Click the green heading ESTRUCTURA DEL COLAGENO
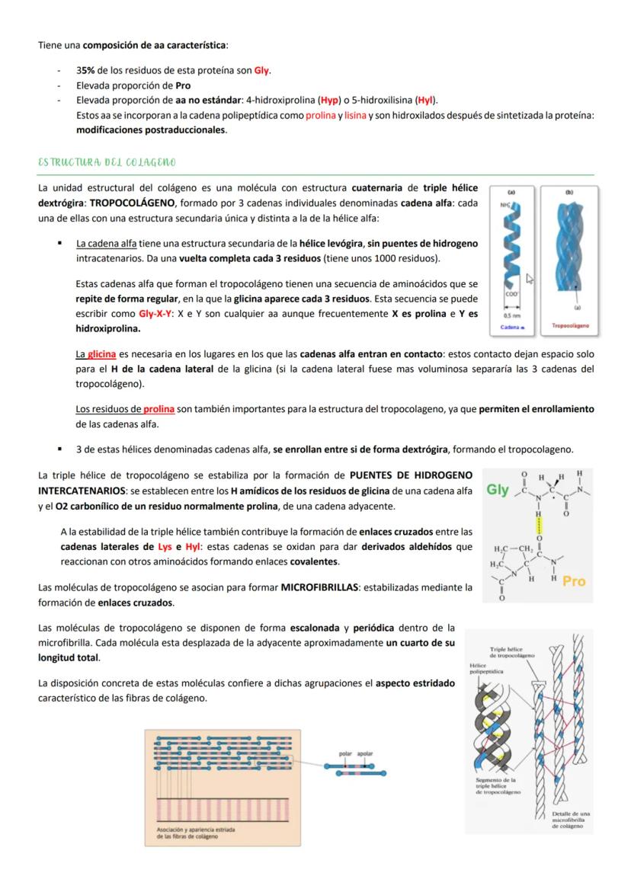pyautogui.click(x=107, y=162)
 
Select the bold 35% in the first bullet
pyautogui.click(x=84, y=71)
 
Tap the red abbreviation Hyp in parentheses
pyautogui.click(x=329, y=100)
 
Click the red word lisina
pyautogui.click(x=355, y=115)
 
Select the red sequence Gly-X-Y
pyautogui.click(x=155, y=314)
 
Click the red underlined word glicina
pyautogui.click(x=101, y=354)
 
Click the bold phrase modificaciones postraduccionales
pyautogui.click(x=151, y=129)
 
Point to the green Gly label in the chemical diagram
pyautogui.click(x=498, y=490)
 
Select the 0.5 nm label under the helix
pyautogui.click(x=511, y=314)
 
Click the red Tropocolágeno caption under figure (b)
pyautogui.click(x=569, y=326)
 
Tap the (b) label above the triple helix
pyautogui.click(x=569, y=193)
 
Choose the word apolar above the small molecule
pyautogui.click(x=365, y=753)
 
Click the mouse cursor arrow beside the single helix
pyautogui.click(x=530, y=280)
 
